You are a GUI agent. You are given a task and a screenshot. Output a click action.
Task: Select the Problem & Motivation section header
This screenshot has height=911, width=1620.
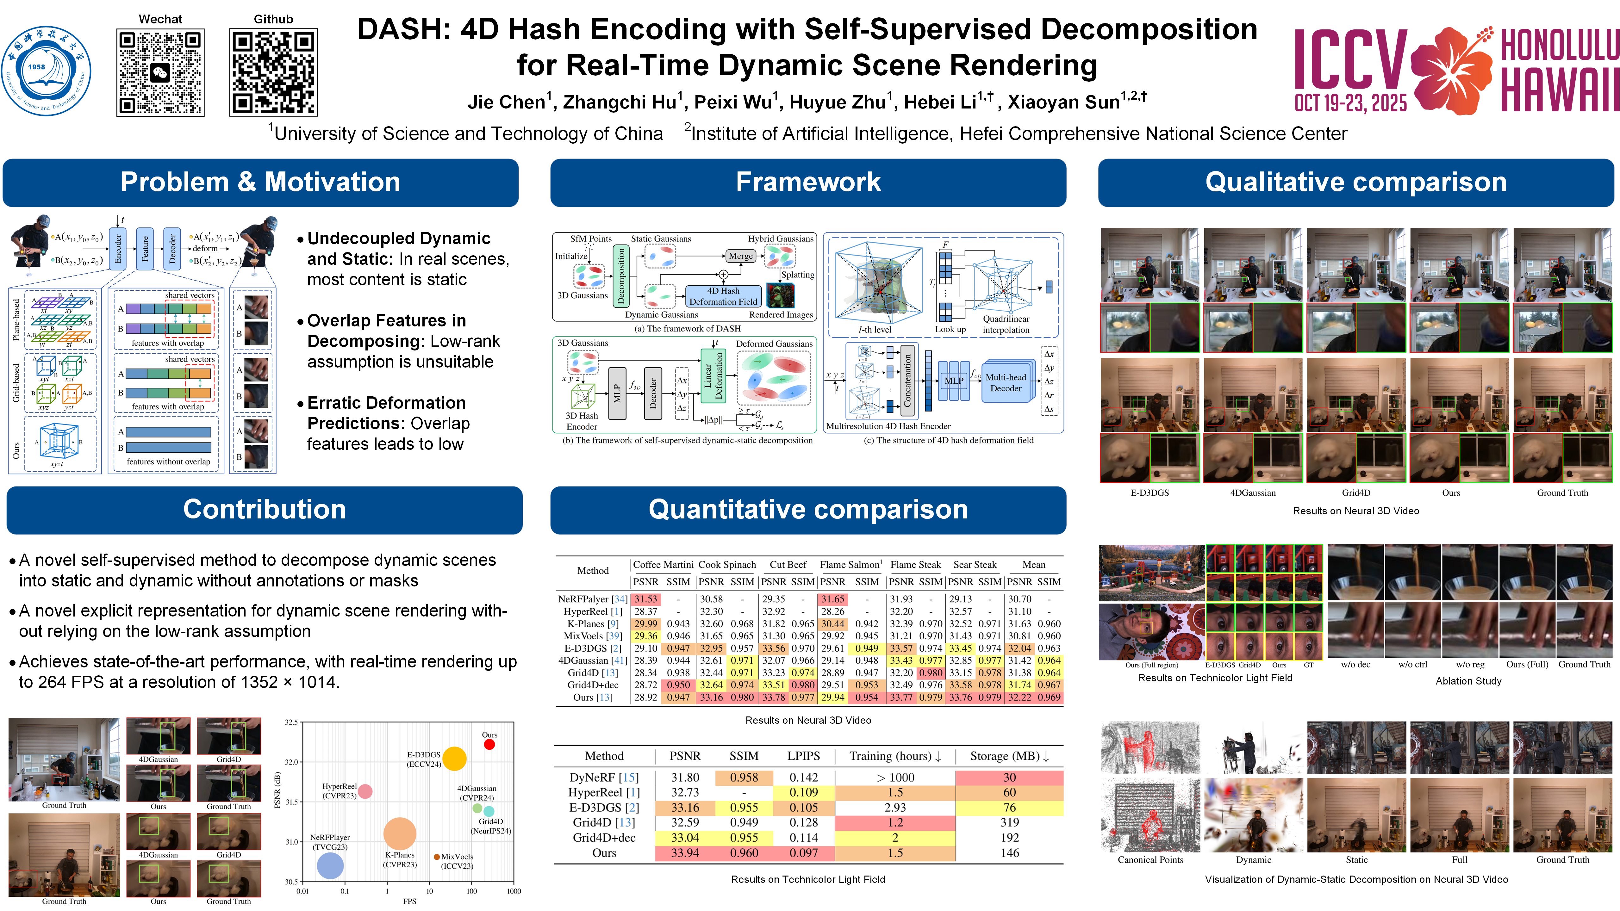[260, 182]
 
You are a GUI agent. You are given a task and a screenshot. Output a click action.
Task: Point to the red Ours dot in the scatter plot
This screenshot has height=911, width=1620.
[489, 744]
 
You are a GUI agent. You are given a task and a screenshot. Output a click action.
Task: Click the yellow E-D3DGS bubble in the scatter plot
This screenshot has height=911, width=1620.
[454, 758]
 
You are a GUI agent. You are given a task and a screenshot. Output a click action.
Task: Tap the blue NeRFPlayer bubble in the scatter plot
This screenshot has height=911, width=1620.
[330, 866]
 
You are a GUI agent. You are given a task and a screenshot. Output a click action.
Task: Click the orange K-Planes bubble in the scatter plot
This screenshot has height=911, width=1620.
[399, 834]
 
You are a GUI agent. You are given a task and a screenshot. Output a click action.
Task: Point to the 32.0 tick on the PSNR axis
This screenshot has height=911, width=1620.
[291, 762]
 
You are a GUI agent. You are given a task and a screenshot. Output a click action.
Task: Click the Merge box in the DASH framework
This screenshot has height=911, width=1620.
[740, 256]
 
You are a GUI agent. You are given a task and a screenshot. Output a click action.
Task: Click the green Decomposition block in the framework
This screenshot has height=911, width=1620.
[621, 276]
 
